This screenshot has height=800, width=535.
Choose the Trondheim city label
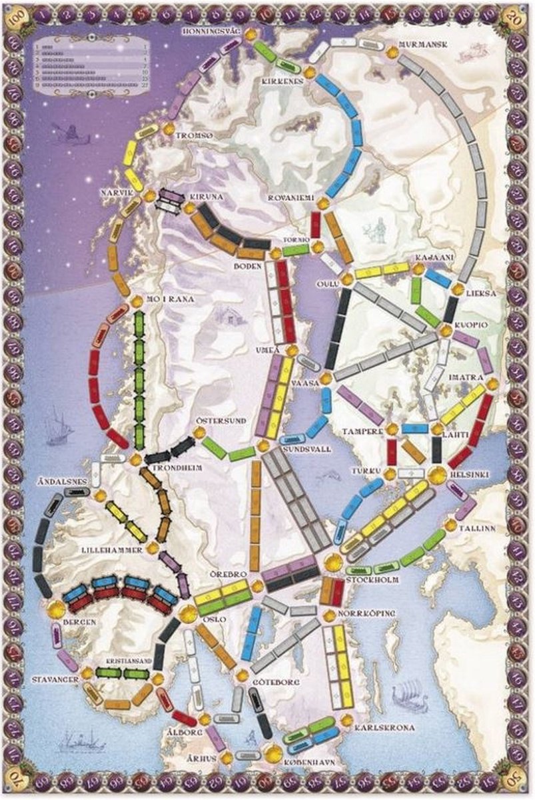[x=177, y=468]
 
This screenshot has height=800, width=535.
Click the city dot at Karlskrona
[x=347, y=719]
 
